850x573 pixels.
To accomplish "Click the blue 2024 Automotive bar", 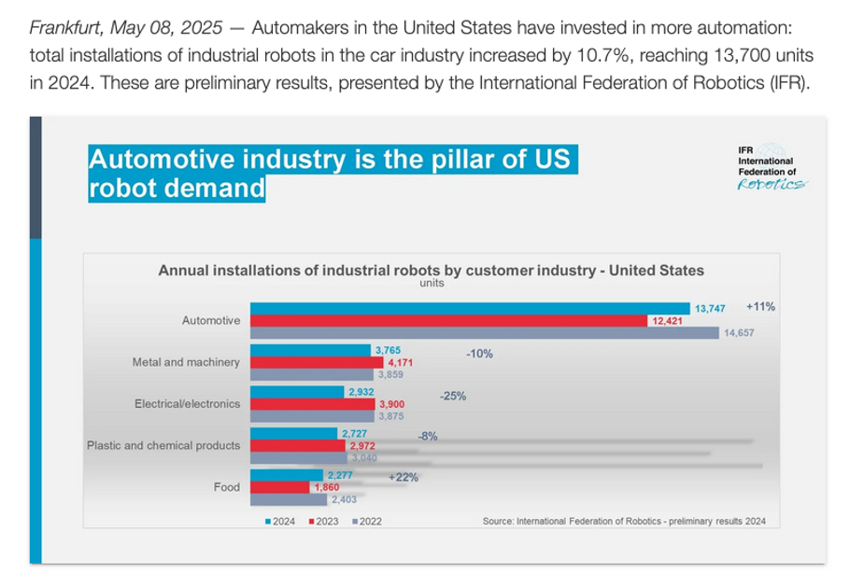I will pos(467,308).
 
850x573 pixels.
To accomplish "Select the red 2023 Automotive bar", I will pos(448,321).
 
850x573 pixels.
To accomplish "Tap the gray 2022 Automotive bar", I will pos(481,333).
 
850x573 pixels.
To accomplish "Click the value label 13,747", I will pos(709,308).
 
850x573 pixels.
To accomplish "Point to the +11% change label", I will pos(760,306).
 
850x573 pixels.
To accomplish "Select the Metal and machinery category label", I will pos(186,362).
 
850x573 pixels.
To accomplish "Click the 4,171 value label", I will pos(400,363).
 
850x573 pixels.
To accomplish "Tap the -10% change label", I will pos(479,355).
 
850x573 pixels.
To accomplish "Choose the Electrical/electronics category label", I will pos(187,404).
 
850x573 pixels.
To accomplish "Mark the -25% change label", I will pos(452,396).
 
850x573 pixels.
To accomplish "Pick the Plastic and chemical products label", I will pos(163,445).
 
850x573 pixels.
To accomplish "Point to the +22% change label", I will pos(404,477).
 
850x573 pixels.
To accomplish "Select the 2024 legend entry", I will pos(279,521).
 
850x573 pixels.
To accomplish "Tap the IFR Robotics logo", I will pos(771,169).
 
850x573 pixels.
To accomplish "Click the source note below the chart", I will pos(623,521).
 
